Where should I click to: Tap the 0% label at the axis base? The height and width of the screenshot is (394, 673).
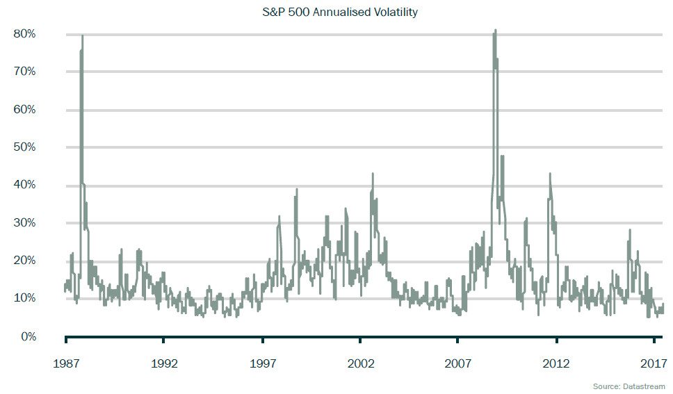pos(29,336)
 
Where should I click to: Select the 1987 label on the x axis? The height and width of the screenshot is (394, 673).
pos(65,363)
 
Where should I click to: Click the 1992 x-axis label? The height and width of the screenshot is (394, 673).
pos(163,363)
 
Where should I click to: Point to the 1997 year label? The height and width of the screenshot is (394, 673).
pos(262,363)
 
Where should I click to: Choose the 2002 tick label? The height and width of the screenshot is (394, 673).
pos(360,363)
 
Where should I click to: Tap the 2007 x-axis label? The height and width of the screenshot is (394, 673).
pos(458,363)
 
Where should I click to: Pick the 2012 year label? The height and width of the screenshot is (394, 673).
pos(556,363)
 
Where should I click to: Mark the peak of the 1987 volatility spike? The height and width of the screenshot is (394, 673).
pos(82,35)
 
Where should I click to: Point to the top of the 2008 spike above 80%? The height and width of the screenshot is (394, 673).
pos(495,30)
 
